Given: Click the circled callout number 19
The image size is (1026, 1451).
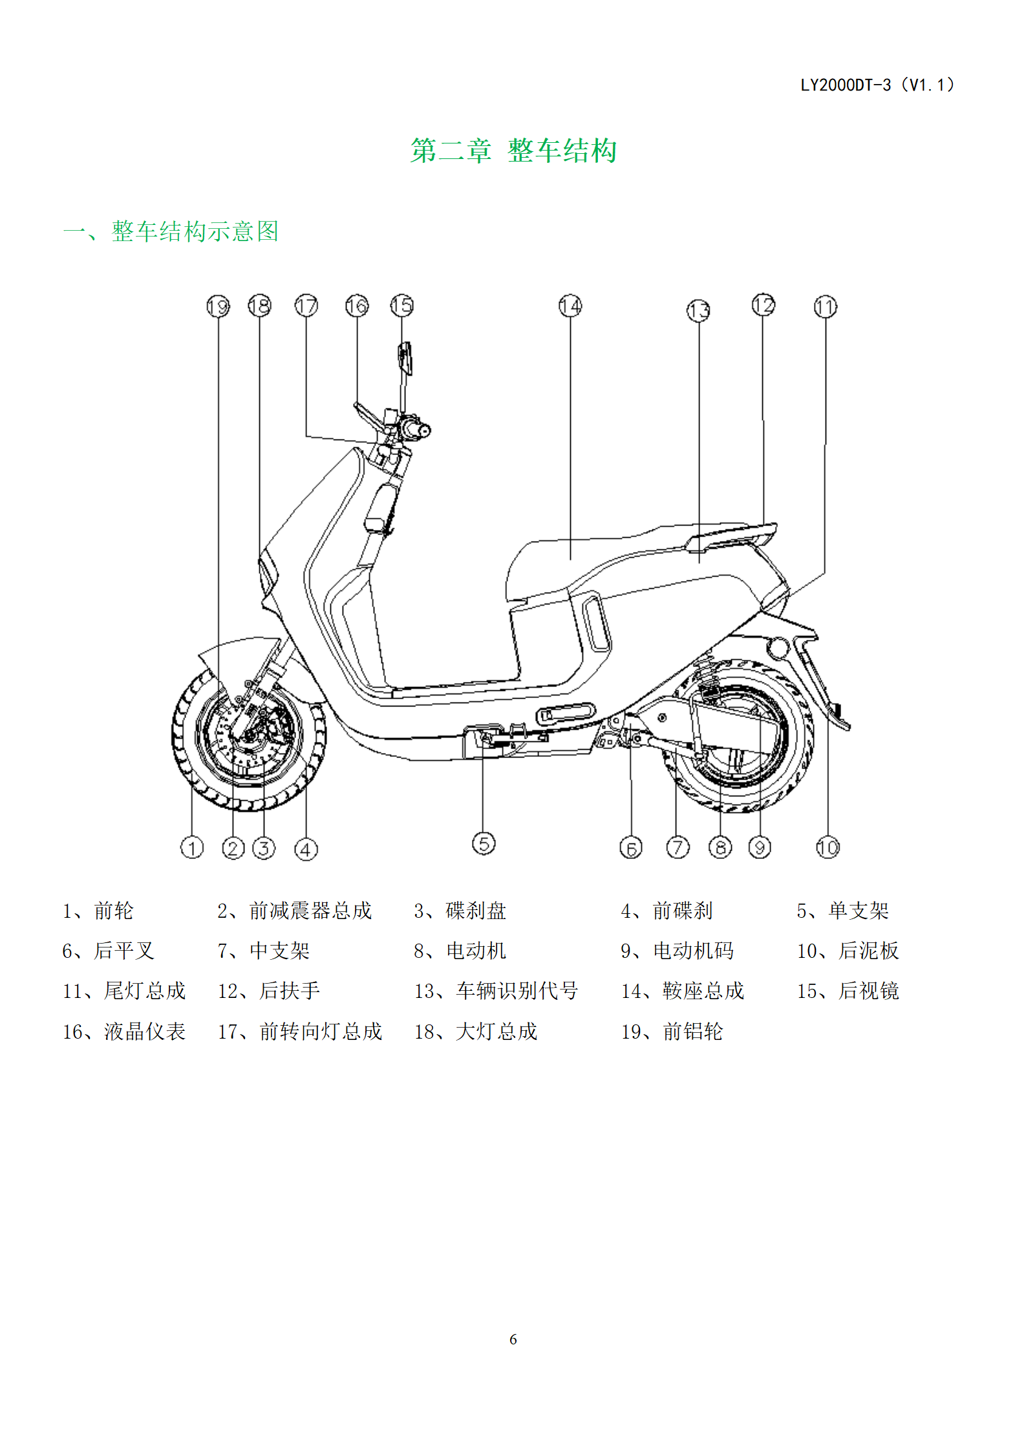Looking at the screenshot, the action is [218, 306].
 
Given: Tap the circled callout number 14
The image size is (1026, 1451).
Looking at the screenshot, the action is [570, 306].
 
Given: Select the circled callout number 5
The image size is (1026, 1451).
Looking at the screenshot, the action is [484, 843].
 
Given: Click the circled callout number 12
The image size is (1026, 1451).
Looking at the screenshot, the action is [764, 304].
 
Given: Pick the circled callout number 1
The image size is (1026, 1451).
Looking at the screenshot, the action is [192, 847].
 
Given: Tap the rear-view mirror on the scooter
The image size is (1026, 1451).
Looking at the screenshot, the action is [405, 358].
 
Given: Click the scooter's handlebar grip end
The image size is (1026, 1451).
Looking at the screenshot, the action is [424, 430].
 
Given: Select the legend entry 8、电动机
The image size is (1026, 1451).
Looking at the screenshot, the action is [460, 951].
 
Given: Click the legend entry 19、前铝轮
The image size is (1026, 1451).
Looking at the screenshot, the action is [672, 1032].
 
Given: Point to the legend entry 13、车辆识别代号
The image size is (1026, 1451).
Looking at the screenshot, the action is [496, 991].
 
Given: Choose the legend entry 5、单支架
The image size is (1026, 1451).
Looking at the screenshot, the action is [843, 911].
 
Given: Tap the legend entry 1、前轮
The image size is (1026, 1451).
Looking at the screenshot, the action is [98, 911].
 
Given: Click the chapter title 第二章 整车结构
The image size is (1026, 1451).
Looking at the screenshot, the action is [514, 151].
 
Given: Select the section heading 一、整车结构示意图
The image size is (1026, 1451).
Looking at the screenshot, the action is [171, 231].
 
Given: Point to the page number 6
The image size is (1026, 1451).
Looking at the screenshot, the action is [513, 1339].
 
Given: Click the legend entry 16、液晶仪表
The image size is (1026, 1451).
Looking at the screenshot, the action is [124, 1032].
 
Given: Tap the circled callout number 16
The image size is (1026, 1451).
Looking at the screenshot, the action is [357, 306].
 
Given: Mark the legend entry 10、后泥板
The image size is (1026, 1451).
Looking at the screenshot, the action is [848, 951].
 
